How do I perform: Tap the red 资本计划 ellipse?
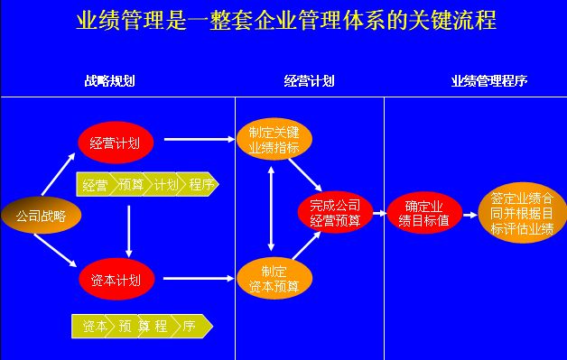[x=116, y=279]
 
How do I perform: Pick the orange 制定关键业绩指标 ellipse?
[x=274, y=139]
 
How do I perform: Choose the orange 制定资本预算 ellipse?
[x=274, y=279]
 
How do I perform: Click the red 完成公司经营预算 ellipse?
[x=334, y=211]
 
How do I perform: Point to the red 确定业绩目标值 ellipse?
[x=424, y=213]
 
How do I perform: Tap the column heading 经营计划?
[x=309, y=81]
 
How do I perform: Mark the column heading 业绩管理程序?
[x=488, y=81]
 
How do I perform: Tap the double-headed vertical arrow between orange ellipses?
[x=272, y=208]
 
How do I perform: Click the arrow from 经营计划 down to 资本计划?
[x=130, y=230]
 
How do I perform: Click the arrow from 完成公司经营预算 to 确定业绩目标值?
[x=379, y=214]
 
